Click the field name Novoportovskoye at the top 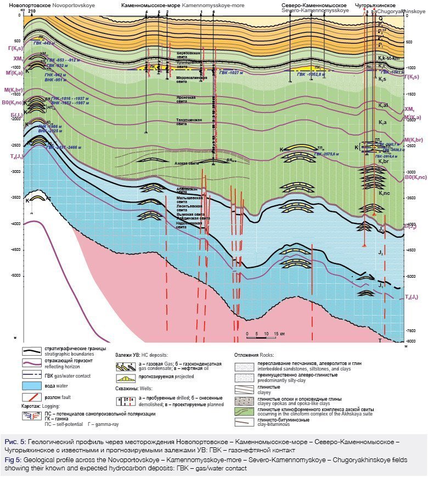78,4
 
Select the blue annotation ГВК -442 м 44,42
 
